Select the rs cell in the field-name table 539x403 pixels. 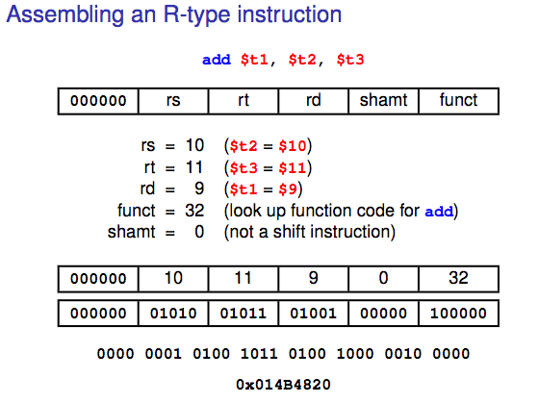pyautogui.click(x=174, y=100)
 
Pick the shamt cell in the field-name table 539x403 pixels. pyautogui.click(x=384, y=100)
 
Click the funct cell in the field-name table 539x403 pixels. pyautogui.click(x=458, y=100)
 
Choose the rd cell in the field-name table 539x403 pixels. pyautogui.click(x=314, y=100)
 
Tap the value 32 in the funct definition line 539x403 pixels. pyautogui.click(x=195, y=211)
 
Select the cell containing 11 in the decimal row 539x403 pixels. pyautogui.click(x=244, y=279)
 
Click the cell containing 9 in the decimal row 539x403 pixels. pyautogui.click(x=314, y=279)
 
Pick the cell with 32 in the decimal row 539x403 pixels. pyautogui.click(x=458, y=279)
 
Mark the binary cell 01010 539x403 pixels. pyautogui.click(x=174, y=314)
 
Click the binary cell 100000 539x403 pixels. pyautogui.click(x=458, y=314)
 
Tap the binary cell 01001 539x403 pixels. pyautogui.click(x=314, y=314)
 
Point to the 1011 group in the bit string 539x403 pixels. pyautogui.click(x=258, y=355)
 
